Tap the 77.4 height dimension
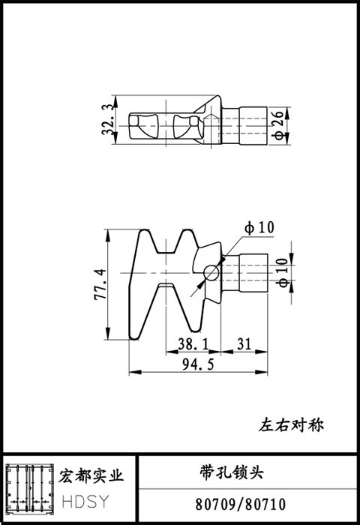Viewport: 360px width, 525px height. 100,284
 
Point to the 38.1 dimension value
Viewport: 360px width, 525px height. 193,343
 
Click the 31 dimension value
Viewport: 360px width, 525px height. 244,343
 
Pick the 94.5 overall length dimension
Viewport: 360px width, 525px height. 198,364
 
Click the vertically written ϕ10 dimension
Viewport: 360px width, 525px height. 282,272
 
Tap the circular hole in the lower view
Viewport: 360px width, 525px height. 211,272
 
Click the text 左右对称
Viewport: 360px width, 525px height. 291,425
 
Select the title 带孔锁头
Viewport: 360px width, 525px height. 232,472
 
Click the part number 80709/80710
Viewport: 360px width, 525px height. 241,504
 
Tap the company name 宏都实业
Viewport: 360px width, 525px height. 91,475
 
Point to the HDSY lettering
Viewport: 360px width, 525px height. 85,501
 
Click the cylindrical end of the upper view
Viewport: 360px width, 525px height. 253,126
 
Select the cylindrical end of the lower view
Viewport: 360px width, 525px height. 253,273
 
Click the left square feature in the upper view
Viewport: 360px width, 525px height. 134,121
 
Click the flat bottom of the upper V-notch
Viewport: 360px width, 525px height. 166,252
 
